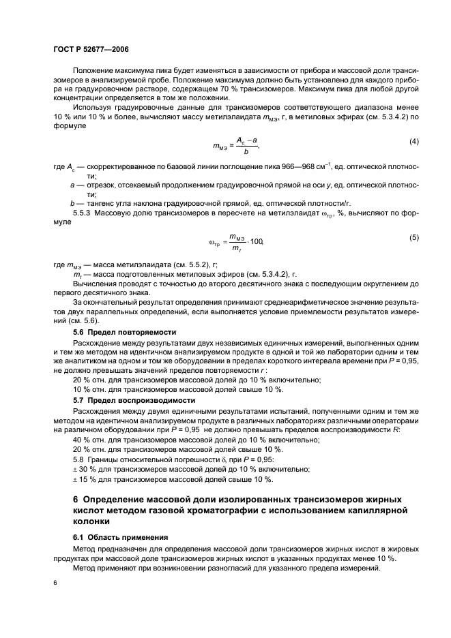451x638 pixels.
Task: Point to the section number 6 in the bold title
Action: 76,500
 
